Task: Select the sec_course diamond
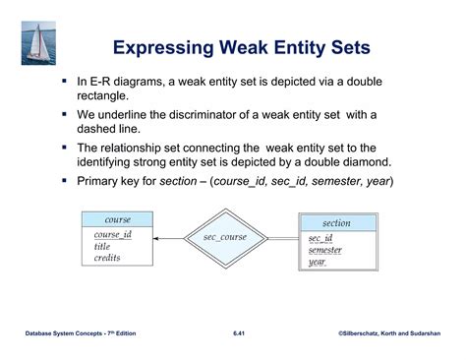pyautogui.click(x=224, y=237)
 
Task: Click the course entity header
pyautogui.click(x=118, y=219)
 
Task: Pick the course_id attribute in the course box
pyautogui.click(x=113, y=234)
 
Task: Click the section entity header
pyautogui.click(x=336, y=223)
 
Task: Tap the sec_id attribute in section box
pyautogui.click(x=320, y=239)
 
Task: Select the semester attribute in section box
pyautogui.click(x=325, y=251)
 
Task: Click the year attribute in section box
pyautogui.click(x=317, y=263)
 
